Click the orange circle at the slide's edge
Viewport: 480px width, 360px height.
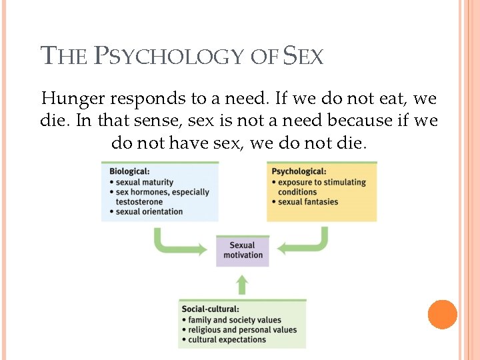point(443,315)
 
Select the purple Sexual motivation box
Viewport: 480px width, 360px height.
point(243,250)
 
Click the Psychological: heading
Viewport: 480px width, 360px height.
point(299,171)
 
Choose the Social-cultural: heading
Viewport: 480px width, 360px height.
point(210,309)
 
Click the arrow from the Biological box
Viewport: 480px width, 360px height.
point(175,245)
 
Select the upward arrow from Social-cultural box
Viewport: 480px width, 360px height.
point(242,285)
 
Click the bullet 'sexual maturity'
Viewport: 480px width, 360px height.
point(145,182)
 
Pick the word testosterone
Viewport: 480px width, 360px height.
point(139,201)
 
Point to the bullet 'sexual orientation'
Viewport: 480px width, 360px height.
point(149,211)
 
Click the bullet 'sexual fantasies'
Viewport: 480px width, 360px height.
point(308,201)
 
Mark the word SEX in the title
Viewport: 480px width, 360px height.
point(303,56)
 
